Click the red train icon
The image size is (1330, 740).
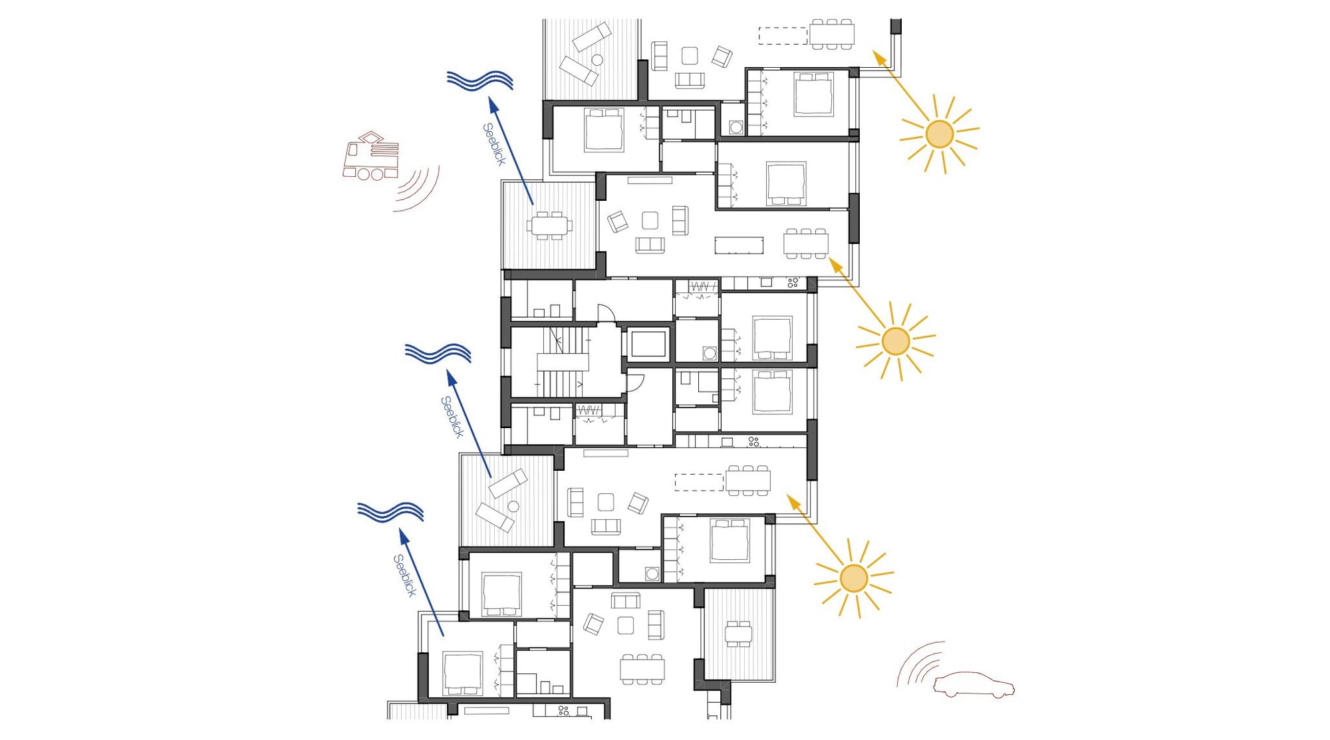point(371,156)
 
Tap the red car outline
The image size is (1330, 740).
point(974,685)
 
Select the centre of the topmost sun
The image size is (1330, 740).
point(940,134)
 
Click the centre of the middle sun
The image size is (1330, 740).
point(896,341)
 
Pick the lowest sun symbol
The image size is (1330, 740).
point(854,578)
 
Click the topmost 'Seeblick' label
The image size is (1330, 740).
point(494,144)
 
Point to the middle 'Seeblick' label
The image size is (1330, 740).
point(452,417)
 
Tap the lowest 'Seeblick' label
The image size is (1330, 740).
point(404,576)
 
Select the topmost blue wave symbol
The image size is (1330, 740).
point(480,80)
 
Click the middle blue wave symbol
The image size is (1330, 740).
point(438,354)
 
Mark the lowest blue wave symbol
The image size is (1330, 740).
point(390,513)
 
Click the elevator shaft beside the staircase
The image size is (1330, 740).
point(648,344)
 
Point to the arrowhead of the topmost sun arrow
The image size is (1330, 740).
point(879,58)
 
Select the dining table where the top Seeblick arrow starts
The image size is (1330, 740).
point(549,225)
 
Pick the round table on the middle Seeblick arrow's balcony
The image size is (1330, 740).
point(513,507)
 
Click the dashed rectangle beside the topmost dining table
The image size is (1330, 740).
point(783,36)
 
